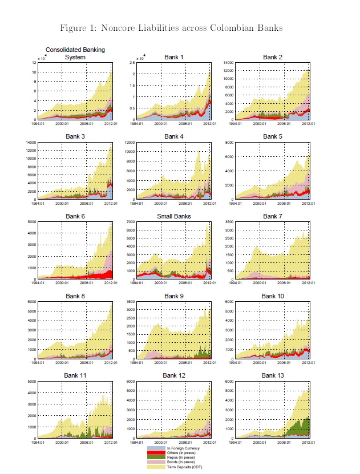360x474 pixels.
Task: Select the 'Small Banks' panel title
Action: [174, 217]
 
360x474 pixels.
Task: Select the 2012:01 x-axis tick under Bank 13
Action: [310, 441]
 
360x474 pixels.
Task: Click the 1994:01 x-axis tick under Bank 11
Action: [38, 441]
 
